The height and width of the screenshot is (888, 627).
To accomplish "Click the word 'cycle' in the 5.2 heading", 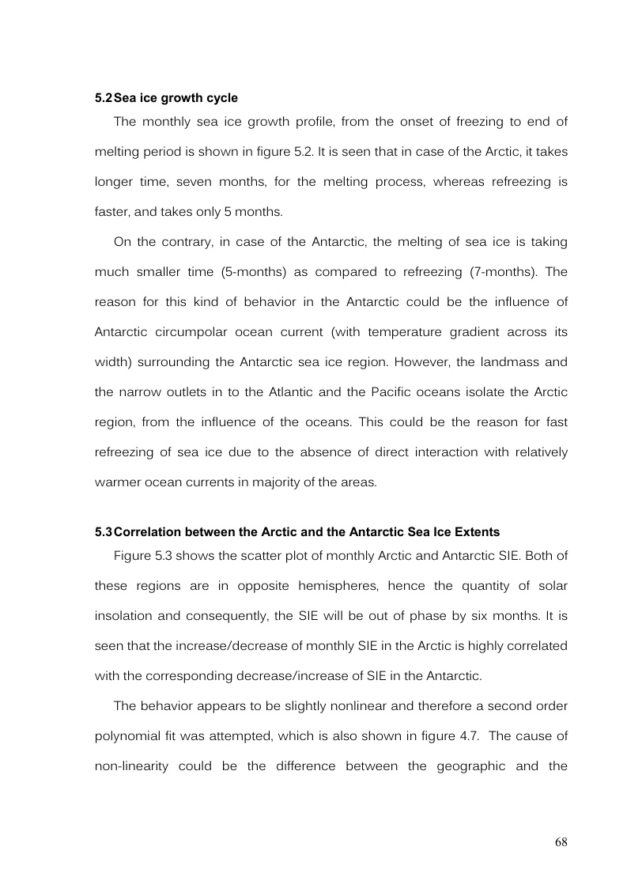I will pyautogui.click(x=221, y=98).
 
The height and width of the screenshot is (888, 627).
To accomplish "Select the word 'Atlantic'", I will pyautogui.click(x=328, y=391).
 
